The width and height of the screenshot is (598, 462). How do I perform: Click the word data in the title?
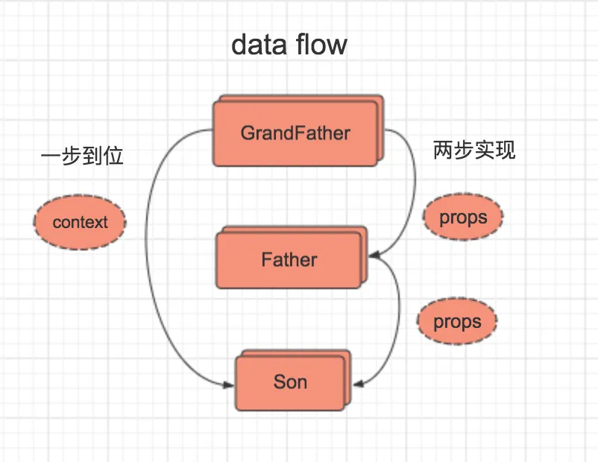(260, 45)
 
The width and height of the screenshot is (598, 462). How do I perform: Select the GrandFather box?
(295, 134)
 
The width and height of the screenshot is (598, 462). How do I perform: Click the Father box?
(289, 260)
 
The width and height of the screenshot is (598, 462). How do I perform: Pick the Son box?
(290, 382)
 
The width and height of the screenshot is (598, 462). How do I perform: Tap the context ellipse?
(80, 222)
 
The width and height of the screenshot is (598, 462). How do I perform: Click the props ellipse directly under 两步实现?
(463, 218)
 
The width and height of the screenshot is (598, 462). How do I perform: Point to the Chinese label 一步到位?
(82, 156)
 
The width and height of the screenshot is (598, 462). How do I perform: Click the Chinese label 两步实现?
(474, 151)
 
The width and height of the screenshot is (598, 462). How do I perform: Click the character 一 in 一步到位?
(51, 156)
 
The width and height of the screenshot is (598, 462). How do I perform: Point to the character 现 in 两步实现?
(506, 151)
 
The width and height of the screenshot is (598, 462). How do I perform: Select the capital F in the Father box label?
(266, 260)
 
